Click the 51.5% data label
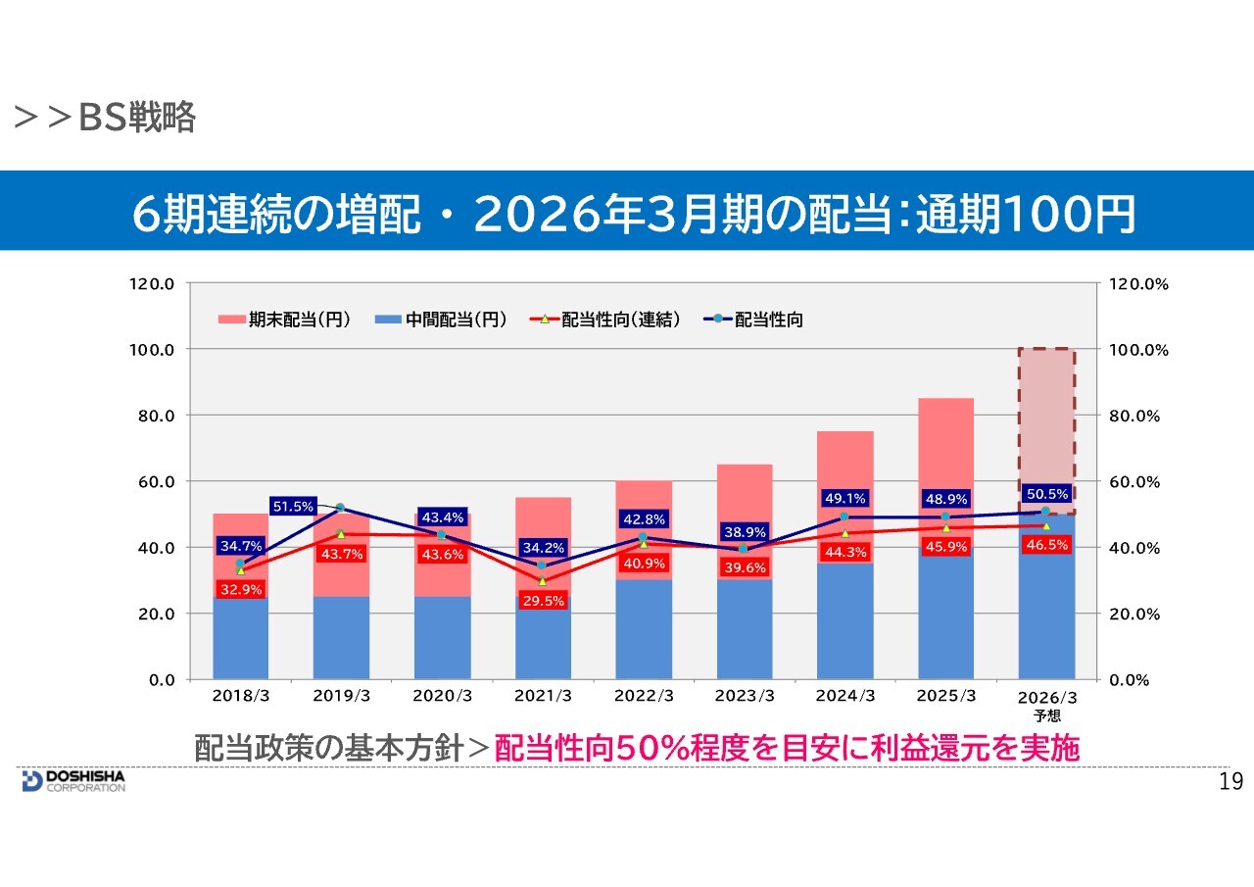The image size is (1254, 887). click(x=293, y=507)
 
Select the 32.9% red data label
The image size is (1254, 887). click(x=240, y=589)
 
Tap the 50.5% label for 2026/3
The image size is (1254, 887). click(x=1046, y=492)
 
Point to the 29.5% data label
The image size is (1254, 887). click(x=543, y=601)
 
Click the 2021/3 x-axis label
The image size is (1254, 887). click(x=543, y=696)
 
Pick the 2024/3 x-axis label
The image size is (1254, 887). click(x=845, y=696)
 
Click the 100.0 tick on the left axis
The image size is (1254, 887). click(x=154, y=350)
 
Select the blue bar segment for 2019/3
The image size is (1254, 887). click(x=341, y=637)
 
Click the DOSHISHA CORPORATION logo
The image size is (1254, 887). click(x=73, y=780)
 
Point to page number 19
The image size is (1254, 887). click(x=1230, y=781)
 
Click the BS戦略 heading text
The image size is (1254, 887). click(x=136, y=119)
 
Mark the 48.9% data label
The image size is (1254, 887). click(x=945, y=498)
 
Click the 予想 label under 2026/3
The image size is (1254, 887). click(x=1046, y=715)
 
